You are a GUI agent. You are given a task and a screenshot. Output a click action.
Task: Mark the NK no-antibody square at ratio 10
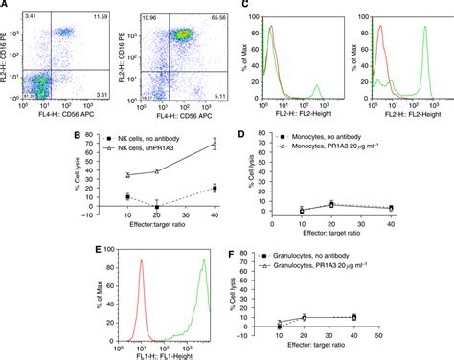pos(128,196)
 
